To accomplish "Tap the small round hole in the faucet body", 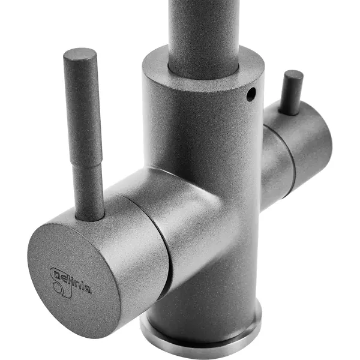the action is point(250,94).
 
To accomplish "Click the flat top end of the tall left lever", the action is point(79,54).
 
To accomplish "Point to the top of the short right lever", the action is point(293,75).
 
